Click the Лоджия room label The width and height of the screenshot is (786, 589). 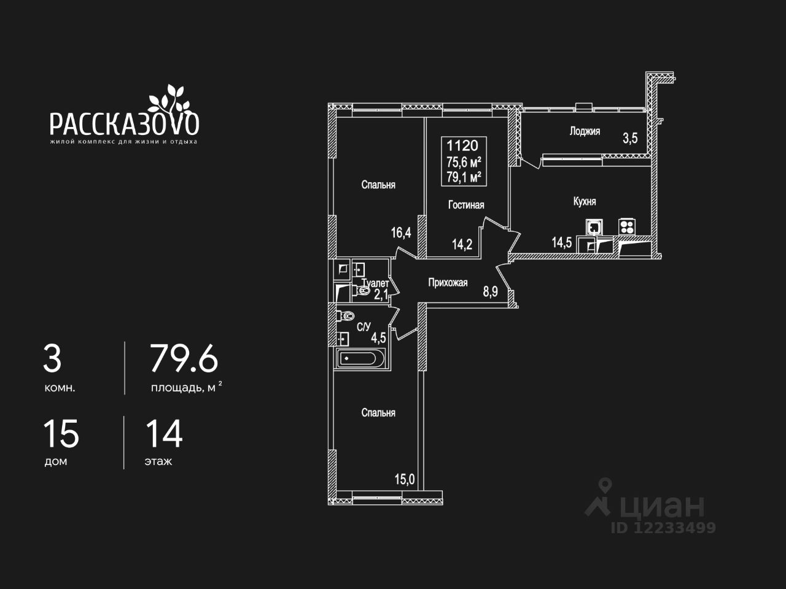pyautogui.click(x=584, y=131)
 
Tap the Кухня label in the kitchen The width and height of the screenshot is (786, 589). pyautogui.click(x=584, y=201)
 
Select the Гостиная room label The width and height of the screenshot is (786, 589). pyautogui.click(x=466, y=205)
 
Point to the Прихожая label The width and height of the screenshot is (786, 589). pyautogui.click(x=448, y=283)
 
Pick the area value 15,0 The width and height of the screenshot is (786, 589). pyautogui.click(x=404, y=479)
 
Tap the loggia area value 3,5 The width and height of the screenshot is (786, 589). pyautogui.click(x=630, y=138)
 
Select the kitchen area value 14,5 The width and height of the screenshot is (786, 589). pyautogui.click(x=561, y=242)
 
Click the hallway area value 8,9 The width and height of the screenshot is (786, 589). pyautogui.click(x=490, y=292)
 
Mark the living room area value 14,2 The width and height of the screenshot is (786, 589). pyautogui.click(x=462, y=245)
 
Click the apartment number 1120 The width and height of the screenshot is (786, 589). pyautogui.click(x=462, y=145)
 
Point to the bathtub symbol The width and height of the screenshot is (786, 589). pyautogui.click(x=360, y=358)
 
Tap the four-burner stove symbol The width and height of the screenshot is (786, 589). pyautogui.click(x=626, y=226)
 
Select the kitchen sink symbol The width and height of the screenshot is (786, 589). pyautogui.click(x=594, y=227)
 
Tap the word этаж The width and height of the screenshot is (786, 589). pyautogui.click(x=158, y=461)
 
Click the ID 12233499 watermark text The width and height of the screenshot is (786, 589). pyautogui.click(x=663, y=528)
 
